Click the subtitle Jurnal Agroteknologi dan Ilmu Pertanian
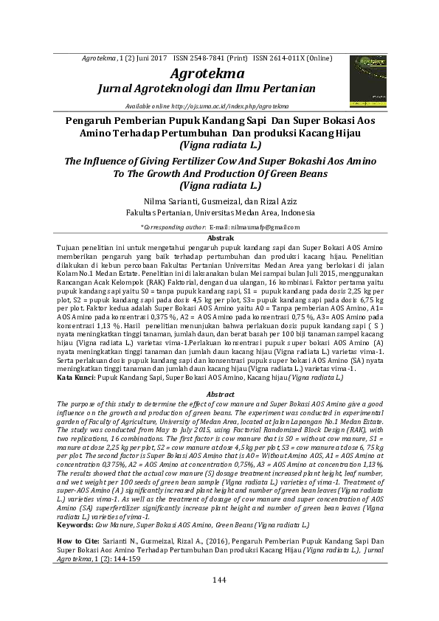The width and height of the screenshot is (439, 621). pos(206,89)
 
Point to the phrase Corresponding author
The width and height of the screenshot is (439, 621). pos(175,226)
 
